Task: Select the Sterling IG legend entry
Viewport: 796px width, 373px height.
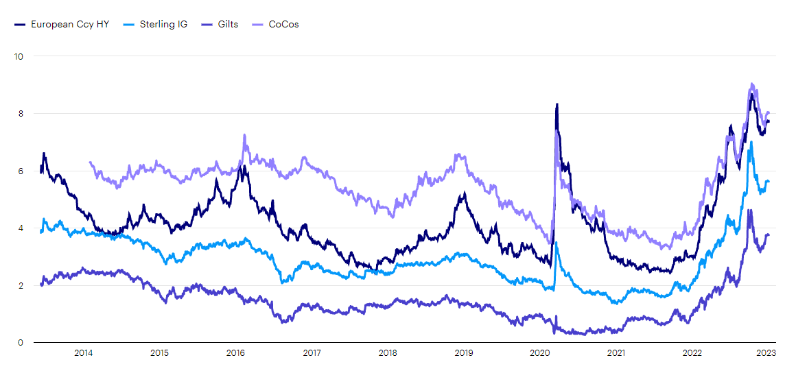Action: pos(164,24)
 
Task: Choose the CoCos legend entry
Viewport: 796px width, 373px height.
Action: pos(283,24)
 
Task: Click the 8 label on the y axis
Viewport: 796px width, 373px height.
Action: pos(21,113)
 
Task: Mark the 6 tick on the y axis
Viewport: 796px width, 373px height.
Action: pos(21,171)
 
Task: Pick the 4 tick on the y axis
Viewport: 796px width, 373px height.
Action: pos(21,228)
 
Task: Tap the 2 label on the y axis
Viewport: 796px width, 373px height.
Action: pos(21,285)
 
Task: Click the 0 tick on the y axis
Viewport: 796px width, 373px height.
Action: pos(21,343)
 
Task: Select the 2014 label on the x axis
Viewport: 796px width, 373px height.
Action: pos(83,353)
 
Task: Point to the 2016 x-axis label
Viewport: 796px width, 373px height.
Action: pos(235,353)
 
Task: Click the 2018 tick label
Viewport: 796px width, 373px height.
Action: pos(388,353)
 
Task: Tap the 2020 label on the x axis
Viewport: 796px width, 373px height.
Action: pos(540,353)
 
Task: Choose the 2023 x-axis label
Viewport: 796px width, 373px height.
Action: pos(766,353)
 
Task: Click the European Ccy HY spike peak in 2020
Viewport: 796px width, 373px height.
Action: pos(557,104)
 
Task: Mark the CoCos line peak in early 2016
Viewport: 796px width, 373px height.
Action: pos(244,135)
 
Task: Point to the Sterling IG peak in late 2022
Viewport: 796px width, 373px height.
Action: pos(751,142)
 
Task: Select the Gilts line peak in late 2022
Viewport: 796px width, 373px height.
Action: pos(749,210)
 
